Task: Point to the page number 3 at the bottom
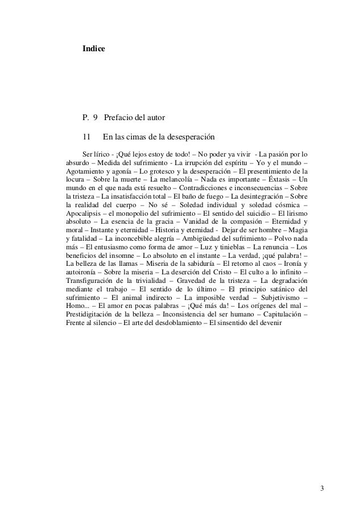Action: coord(322,489)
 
